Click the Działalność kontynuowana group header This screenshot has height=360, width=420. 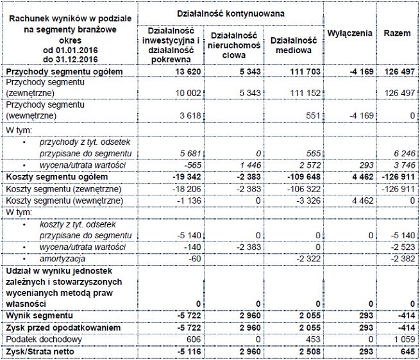[231, 13]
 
